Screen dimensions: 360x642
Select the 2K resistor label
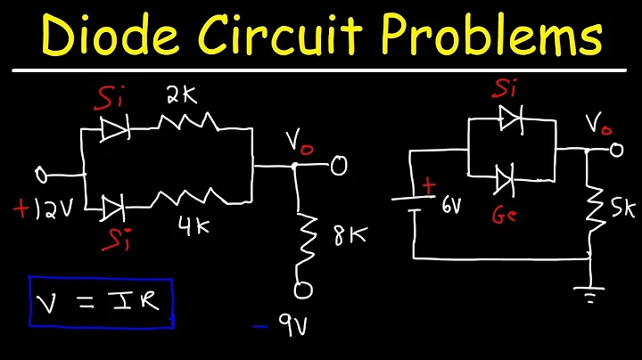tap(180, 95)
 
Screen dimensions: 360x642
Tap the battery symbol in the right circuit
tap(415, 202)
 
